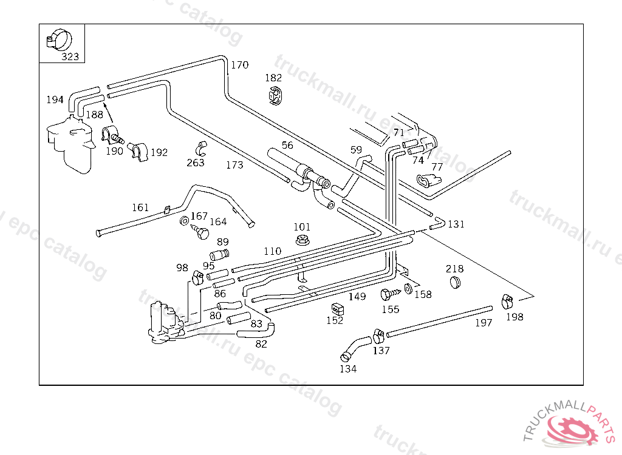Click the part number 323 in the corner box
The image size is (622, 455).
[70, 56]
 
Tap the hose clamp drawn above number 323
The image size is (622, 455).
[60, 39]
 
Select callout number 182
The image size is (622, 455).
[273, 78]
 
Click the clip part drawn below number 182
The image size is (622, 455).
[275, 96]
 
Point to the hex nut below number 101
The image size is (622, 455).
[302, 240]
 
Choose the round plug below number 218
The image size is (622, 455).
[455, 283]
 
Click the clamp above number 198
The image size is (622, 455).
[507, 302]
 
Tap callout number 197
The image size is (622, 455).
[484, 323]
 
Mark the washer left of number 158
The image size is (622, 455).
[408, 289]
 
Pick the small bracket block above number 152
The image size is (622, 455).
[338, 309]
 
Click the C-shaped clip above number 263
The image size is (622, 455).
[200, 149]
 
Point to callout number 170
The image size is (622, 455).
[239, 64]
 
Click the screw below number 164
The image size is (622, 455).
[200, 232]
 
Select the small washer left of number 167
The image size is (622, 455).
[185, 221]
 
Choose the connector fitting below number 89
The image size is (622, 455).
[219, 254]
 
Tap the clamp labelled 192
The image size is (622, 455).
[138, 152]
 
